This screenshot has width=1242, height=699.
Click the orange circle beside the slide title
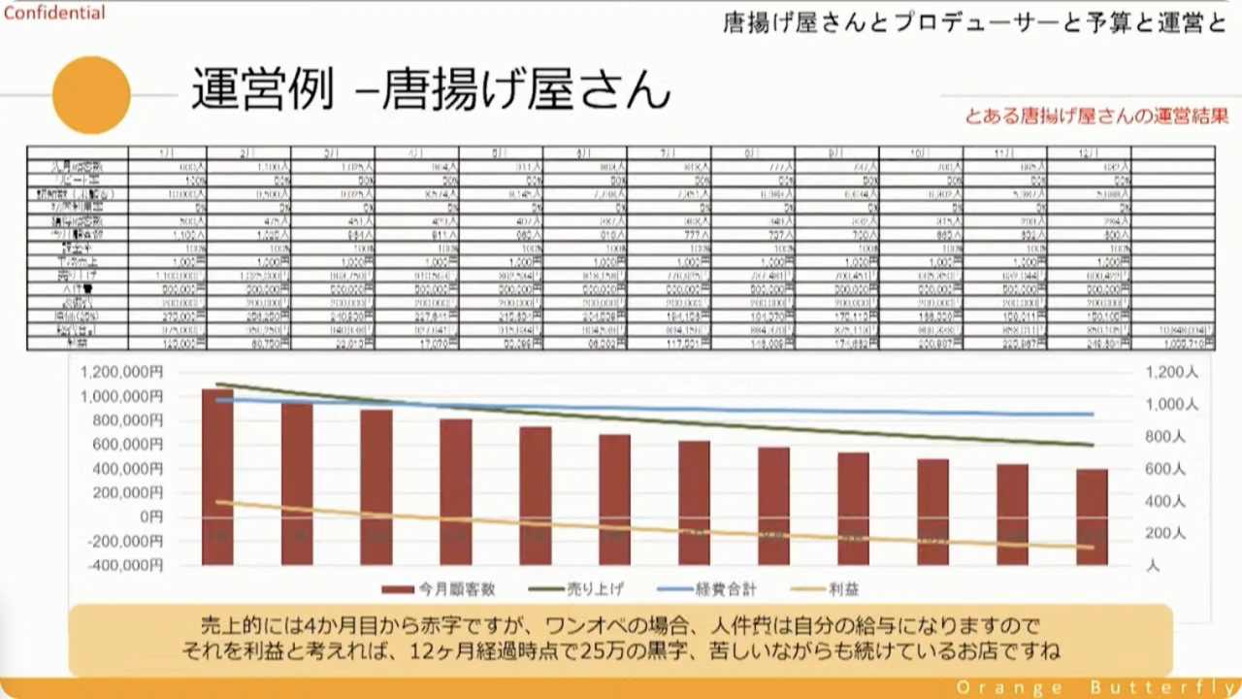pos(91,94)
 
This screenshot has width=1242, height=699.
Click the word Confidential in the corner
pos(54,14)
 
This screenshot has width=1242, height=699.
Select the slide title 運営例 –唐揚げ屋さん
pos(430,89)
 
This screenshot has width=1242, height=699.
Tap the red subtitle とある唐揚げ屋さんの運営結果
pos(1096,116)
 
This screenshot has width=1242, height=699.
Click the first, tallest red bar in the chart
pos(217,476)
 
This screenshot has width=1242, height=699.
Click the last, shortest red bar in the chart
pos(1092,516)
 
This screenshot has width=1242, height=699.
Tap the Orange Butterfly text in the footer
pos(1092,687)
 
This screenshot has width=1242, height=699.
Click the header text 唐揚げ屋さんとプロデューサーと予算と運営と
pos(974,23)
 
